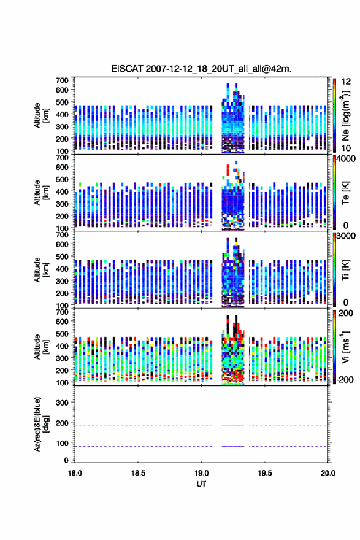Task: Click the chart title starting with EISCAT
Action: coord(201,69)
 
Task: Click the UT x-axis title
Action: coord(201,484)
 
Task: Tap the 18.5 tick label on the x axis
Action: coord(138,473)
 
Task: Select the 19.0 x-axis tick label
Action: coord(201,473)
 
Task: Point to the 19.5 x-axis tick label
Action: coord(265,473)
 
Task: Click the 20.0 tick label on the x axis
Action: coord(328,473)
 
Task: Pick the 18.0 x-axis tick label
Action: coord(75,473)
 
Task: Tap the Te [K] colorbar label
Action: coord(345,193)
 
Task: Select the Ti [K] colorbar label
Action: coord(345,270)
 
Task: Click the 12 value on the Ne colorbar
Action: coord(346,82)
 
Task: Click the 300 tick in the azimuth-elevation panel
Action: coord(62,403)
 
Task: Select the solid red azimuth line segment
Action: coord(233,426)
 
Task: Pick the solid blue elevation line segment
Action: coord(233,446)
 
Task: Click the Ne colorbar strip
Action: coord(334,116)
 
